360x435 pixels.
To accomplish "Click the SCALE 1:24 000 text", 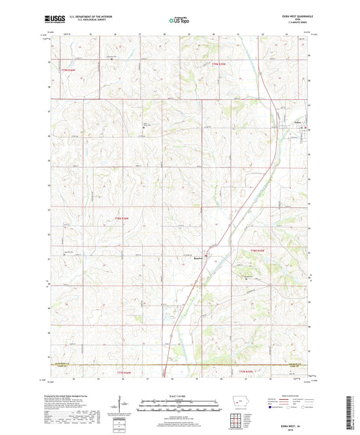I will tap(178, 396).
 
